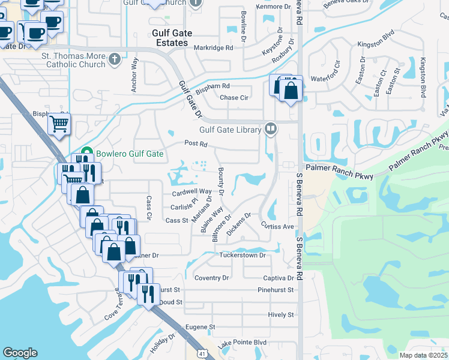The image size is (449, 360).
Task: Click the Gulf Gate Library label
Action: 231,130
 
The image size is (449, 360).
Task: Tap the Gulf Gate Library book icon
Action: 271,129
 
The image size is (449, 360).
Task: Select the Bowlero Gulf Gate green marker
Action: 86,154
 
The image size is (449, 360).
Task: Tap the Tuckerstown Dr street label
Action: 242,256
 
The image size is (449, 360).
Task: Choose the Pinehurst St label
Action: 277,290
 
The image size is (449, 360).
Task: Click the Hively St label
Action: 281,314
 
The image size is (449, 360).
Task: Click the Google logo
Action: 20,353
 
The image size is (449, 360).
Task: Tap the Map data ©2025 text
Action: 423,355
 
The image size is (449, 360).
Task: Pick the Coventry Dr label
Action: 212,278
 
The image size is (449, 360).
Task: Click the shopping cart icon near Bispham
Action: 59,124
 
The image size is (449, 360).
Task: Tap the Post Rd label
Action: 196,144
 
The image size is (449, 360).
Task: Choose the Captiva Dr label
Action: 279,278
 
